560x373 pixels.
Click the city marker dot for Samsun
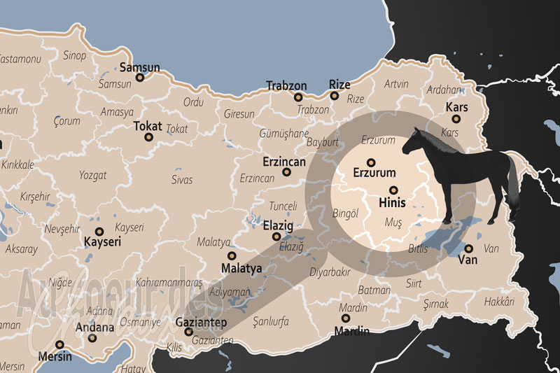tap(140, 78)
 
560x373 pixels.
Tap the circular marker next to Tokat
tap(149, 137)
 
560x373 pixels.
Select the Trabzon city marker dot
tap(298, 97)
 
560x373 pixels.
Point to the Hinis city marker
tap(393, 190)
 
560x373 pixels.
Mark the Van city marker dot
tap(468, 248)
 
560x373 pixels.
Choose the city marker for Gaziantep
tap(188, 332)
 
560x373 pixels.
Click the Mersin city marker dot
tap(60, 344)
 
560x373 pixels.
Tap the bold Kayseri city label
tap(103, 241)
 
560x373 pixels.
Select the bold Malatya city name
tap(241, 268)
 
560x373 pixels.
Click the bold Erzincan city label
tap(286, 161)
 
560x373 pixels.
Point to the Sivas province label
tap(181, 180)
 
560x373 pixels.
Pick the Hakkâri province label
tap(499, 302)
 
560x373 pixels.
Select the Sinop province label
tap(74, 55)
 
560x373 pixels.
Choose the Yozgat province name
tap(93, 174)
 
